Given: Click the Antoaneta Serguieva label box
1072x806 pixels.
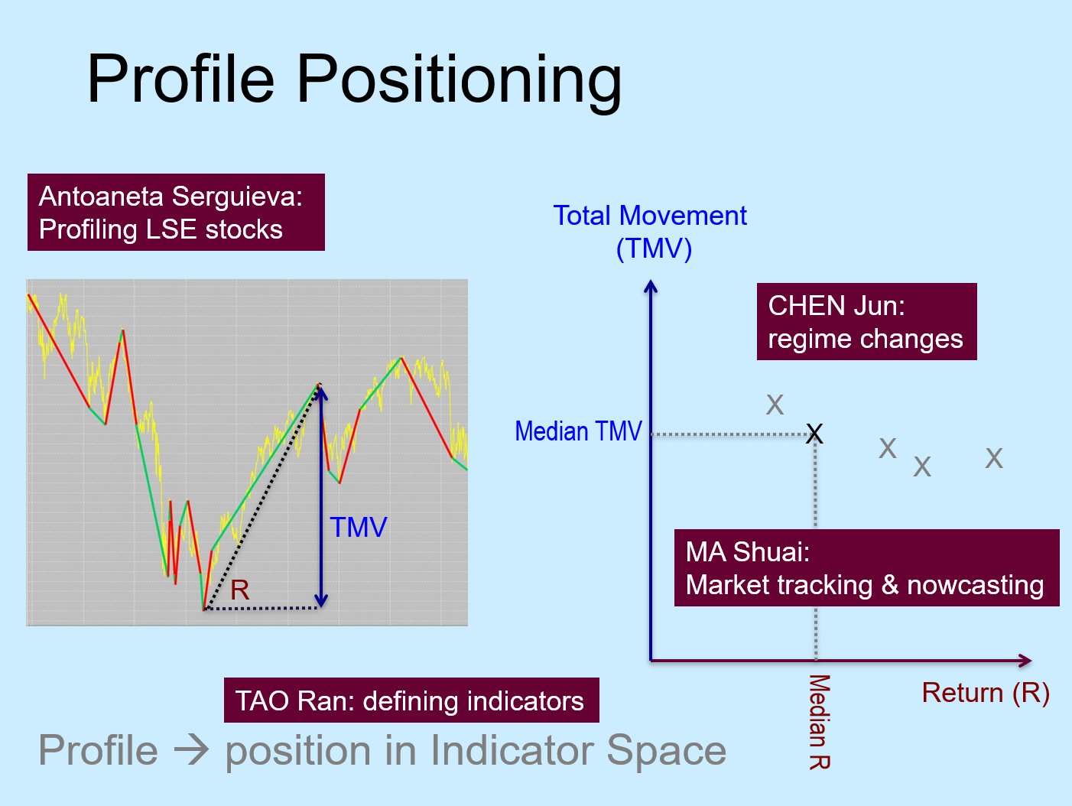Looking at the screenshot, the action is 176,212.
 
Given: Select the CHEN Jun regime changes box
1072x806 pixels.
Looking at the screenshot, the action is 867,321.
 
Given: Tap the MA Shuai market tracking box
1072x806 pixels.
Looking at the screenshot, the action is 867,567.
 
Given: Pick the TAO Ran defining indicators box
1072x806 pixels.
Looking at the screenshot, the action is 411,700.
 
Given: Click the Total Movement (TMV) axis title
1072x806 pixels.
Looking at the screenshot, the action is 651,232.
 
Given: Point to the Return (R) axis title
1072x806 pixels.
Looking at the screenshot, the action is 986,693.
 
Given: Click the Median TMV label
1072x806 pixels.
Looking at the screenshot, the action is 578,431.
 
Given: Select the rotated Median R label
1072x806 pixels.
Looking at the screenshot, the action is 820,722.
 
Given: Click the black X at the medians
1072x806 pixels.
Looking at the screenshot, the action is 814,434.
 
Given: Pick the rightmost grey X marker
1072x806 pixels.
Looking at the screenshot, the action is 994,458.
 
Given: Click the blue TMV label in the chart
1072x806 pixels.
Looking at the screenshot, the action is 359,528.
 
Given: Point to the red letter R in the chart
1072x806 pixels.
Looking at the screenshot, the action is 239,590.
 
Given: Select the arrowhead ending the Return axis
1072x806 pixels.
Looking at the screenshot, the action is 1025,661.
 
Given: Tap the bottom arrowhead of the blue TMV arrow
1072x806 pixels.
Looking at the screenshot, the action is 321,600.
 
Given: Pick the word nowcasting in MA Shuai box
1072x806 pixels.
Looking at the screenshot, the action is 976,585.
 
